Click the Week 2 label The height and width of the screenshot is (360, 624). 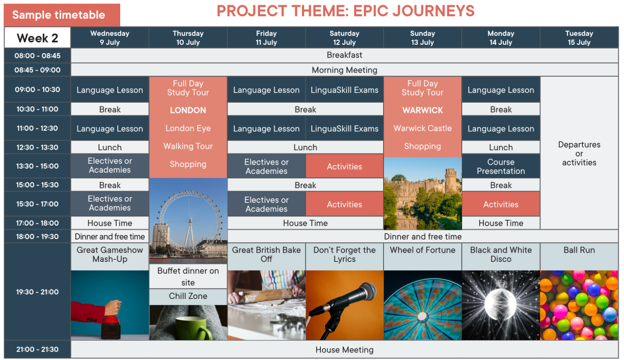pyautogui.click(x=37, y=38)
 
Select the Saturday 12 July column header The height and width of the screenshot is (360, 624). pyautogui.click(x=344, y=37)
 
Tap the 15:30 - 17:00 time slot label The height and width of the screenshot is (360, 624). pyautogui.click(x=37, y=204)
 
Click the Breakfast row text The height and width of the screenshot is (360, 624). pyautogui.click(x=344, y=55)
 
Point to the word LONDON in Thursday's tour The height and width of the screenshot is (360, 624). pyautogui.click(x=188, y=110)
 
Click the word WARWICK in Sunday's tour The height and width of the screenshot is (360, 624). pyautogui.click(x=423, y=110)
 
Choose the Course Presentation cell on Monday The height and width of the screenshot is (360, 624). pyautogui.click(x=501, y=167)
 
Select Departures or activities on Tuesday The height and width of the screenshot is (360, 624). pyautogui.click(x=579, y=153)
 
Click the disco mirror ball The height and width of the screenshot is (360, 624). pyautogui.click(x=500, y=304)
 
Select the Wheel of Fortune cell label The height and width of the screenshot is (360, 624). pyautogui.click(x=423, y=250)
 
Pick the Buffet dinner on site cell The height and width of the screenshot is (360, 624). pyautogui.click(x=188, y=276)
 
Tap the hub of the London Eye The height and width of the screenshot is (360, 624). pyautogui.click(x=191, y=221)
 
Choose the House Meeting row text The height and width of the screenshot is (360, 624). pyautogui.click(x=344, y=350)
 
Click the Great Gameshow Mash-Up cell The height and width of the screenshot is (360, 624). pyautogui.click(x=110, y=254)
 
